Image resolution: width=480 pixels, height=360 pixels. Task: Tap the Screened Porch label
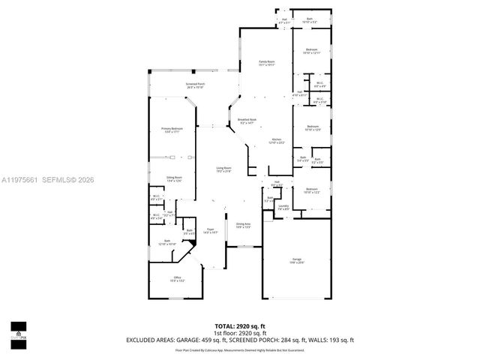click(x=195, y=85)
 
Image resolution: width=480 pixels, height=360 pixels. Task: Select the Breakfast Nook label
click(x=247, y=121)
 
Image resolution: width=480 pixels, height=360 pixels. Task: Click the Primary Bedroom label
click(x=172, y=130)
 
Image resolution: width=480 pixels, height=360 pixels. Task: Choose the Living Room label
click(x=223, y=169)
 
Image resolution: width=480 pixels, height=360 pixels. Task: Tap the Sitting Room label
click(x=175, y=178)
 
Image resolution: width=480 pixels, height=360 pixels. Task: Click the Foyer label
click(x=211, y=232)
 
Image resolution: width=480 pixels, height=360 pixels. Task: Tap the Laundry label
click(x=283, y=207)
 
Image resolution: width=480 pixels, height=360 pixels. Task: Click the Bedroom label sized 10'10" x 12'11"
click(x=311, y=52)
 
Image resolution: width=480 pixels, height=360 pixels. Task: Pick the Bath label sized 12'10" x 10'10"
click(x=166, y=242)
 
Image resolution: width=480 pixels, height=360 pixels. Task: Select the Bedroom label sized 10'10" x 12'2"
click(x=311, y=190)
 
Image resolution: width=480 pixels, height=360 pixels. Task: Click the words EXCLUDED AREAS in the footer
click(x=146, y=340)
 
